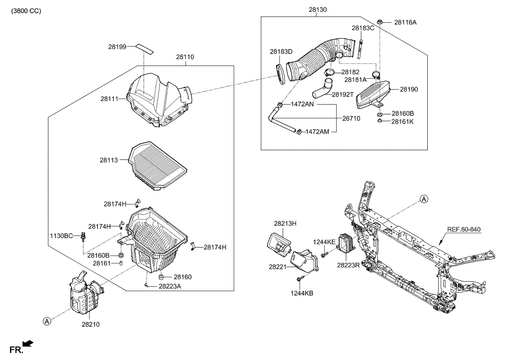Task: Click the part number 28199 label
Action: tap(118, 47)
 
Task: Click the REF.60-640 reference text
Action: tap(464, 229)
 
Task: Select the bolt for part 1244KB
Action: tap(300, 280)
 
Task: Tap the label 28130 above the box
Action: tap(317, 9)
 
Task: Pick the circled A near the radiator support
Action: tap(424, 199)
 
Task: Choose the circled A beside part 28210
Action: tap(47, 321)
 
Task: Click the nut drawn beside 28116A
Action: tap(379, 22)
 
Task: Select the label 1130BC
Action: tap(61, 235)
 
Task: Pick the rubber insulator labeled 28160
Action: tap(161, 276)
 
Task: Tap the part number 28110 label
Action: tap(185, 57)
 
